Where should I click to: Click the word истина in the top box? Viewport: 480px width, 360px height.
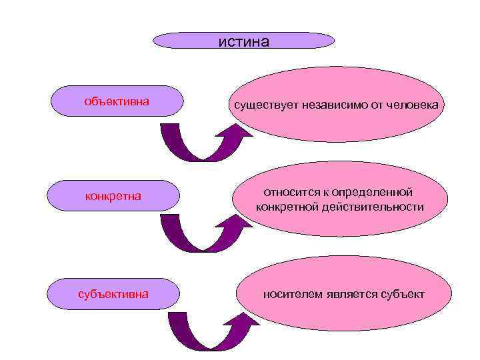(243, 42)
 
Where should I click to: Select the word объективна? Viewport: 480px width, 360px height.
(116, 102)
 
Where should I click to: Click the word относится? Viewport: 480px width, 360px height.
(287, 192)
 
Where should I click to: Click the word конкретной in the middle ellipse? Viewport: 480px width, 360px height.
(289, 207)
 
